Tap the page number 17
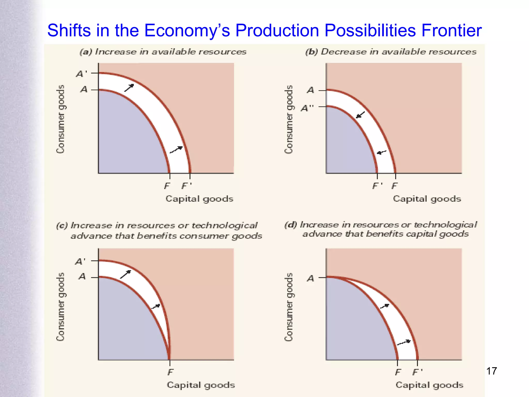[492, 371]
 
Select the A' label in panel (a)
[81, 74]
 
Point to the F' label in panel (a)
[186, 186]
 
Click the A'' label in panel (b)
[307, 108]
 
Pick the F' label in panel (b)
[377, 186]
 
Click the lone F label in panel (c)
[170, 372]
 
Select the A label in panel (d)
[310, 278]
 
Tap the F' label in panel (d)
[417, 372]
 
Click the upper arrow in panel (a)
[129, 88]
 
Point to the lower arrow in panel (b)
[382, 152]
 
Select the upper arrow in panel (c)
[126, 274]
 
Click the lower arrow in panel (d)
[404, 342]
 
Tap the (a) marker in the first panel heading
[86, 52]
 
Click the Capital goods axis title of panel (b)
[427, 199]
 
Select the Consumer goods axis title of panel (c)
[60, 307]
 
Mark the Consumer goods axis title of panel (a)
[60, 119]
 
